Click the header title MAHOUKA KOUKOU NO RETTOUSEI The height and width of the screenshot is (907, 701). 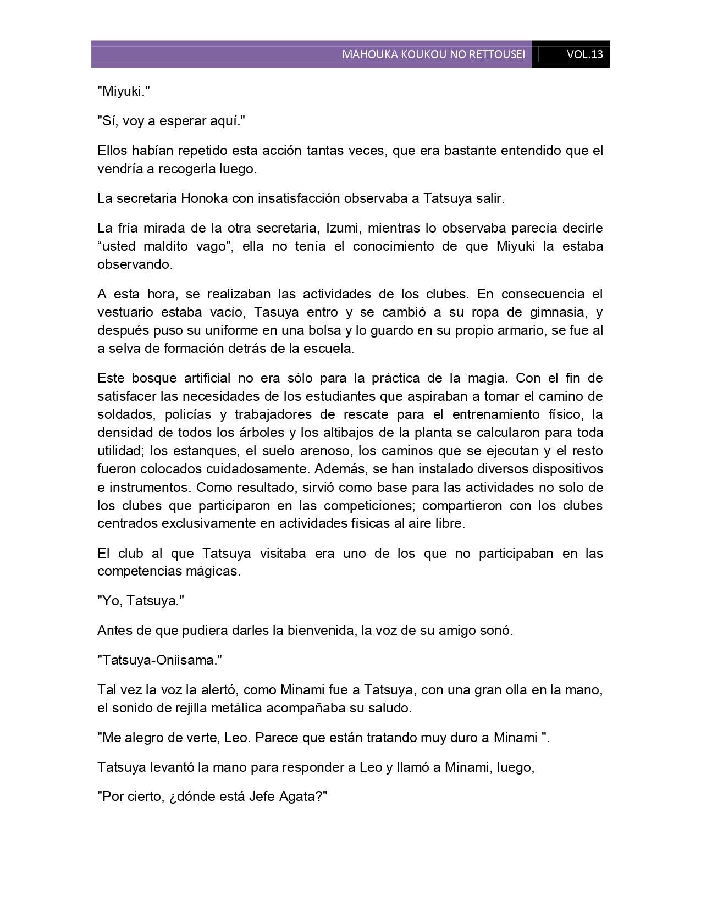point(433,54)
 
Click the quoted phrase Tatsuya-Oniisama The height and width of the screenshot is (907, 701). point(160,660)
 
